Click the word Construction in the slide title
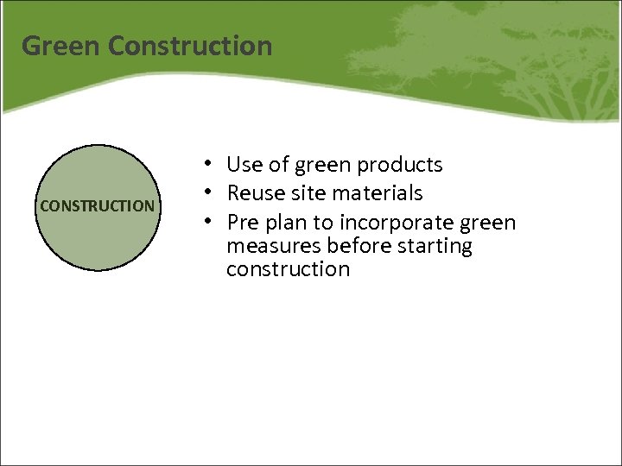click(191, 46)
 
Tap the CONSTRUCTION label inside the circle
click(98, 207)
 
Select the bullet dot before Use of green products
click(209, 163)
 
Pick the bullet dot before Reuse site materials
click(209, 192)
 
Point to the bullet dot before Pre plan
click(209, 221)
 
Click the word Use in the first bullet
click(244, 165)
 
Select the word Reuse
click(254, 193)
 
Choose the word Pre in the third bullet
click(243, 223)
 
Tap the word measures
click(269, 247)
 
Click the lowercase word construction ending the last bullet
click(288, 269)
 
